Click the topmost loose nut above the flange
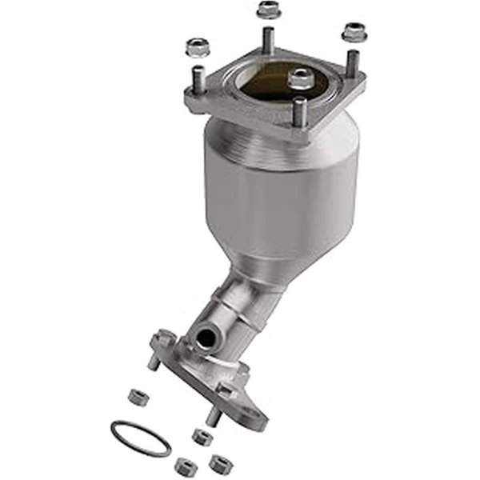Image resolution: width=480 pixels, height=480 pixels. click(267, 10)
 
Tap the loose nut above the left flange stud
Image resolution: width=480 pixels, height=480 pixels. click(197, 47)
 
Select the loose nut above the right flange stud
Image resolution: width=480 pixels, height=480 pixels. click(353, 32)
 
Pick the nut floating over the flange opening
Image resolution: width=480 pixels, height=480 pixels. click(301, 78)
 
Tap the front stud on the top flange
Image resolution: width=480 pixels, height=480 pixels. click(299, 112)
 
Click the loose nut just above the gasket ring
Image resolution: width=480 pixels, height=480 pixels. click(137, 395)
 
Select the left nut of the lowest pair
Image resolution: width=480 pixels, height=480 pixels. click(186, 465)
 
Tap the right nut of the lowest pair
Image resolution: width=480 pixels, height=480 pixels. click(218, 462)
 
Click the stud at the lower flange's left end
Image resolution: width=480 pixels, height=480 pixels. click(153, 360)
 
